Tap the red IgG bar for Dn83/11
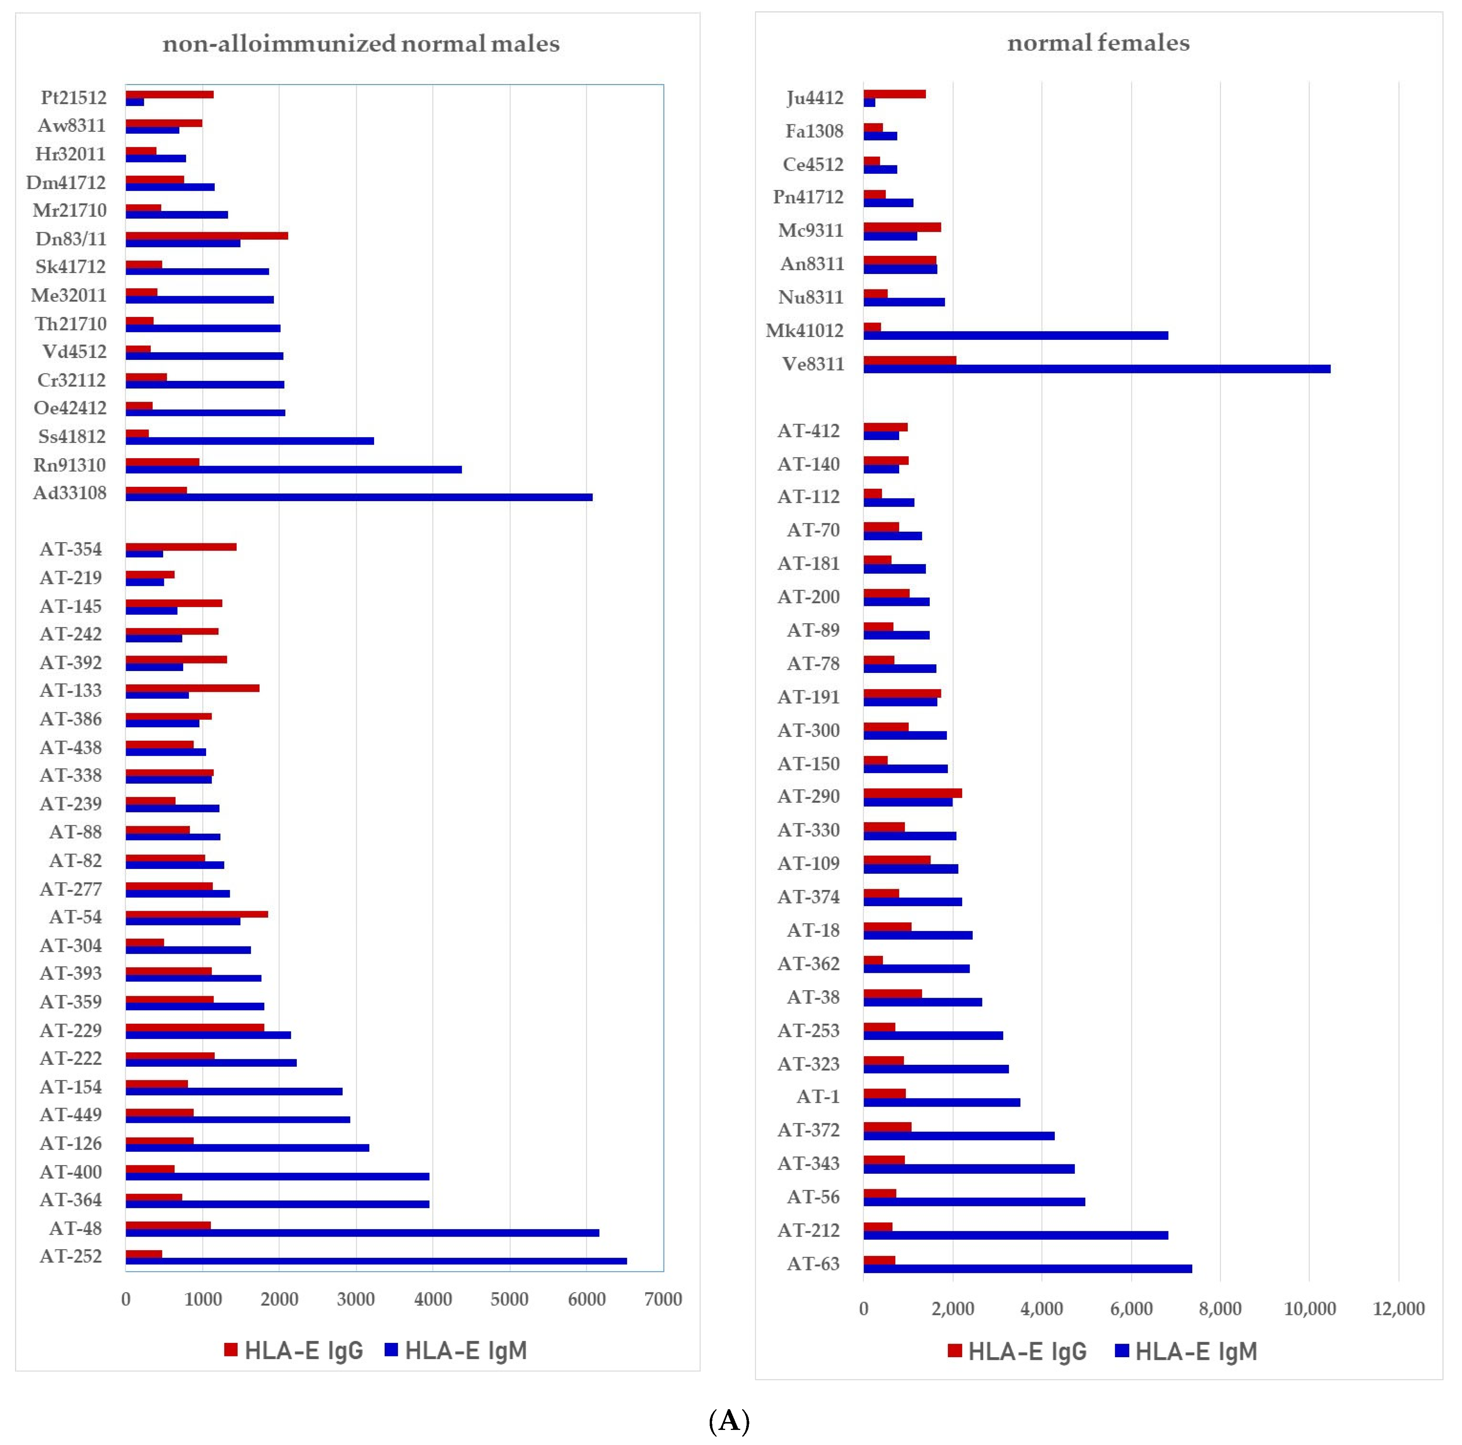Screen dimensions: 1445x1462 tap(206, 235)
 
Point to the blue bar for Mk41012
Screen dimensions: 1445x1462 tap(1016, 335)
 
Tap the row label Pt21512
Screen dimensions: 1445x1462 tap(73, 98)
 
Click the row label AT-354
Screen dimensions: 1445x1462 tap(70, 549)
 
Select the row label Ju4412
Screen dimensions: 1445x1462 tap(814, 98)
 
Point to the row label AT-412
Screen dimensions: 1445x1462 tap(808, 431)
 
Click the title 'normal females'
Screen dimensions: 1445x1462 tap(1098, 43)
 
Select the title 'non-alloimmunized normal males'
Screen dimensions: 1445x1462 tap(361, 44)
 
